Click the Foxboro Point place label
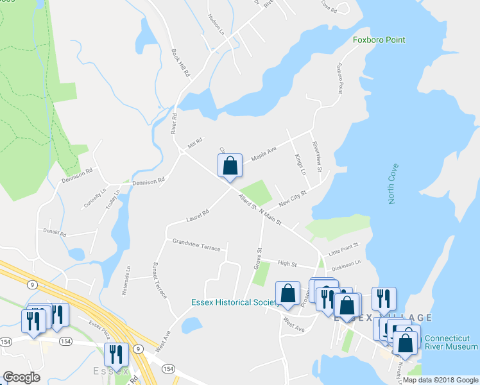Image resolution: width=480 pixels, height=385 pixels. pyautogui.click(x=379, y=40)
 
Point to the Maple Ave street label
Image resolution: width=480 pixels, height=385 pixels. pyautogui.click(x=263, y=154)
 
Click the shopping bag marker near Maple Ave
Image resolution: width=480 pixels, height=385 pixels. pyautogui.click(x=230, y=167)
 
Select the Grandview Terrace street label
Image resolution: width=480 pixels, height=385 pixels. pyautogui.click(x=196, y=244)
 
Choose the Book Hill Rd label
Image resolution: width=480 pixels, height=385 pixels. pyautogui.click(x=181, y=64)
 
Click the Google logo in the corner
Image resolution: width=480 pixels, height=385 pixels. pyautogui.click(x=21, y=377)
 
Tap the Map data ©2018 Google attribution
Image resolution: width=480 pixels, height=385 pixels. pyautogui.click(x=440, y=380)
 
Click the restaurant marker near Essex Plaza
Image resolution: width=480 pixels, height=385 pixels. pyautogui.click(x=116, y=355)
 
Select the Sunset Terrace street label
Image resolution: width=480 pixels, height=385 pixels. pyautogui.click(x=159, y=280)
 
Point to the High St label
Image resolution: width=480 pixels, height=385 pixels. pyautogui.click(x=287, y=263)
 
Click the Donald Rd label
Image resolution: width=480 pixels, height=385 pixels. pyautogui.click(x=55, y=233)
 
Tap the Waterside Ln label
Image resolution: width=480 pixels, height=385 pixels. pyautogui.click(x=126, y=280)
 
